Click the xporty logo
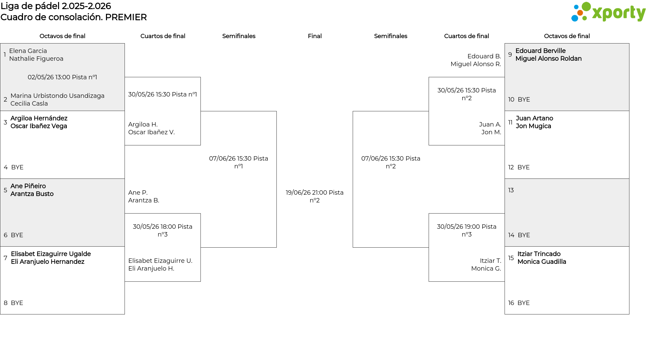point(608,12)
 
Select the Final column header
point(315,36)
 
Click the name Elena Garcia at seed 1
point(28,51)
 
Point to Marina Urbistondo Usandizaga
point(57,96)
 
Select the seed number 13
point(511,190)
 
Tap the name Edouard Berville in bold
point(540,51)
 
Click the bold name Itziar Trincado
point(539,254)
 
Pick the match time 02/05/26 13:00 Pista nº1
point(62,77)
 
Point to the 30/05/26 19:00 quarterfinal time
point(467,230)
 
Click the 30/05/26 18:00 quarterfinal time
point(163,230)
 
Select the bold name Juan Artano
point(534,118)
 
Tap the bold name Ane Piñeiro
point(28,186)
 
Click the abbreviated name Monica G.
point(486,269)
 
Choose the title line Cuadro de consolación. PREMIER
point(74,17)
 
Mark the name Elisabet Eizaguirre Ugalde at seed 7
point(51,254)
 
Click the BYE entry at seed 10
point(524,100)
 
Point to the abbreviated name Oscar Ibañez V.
point(152,132)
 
